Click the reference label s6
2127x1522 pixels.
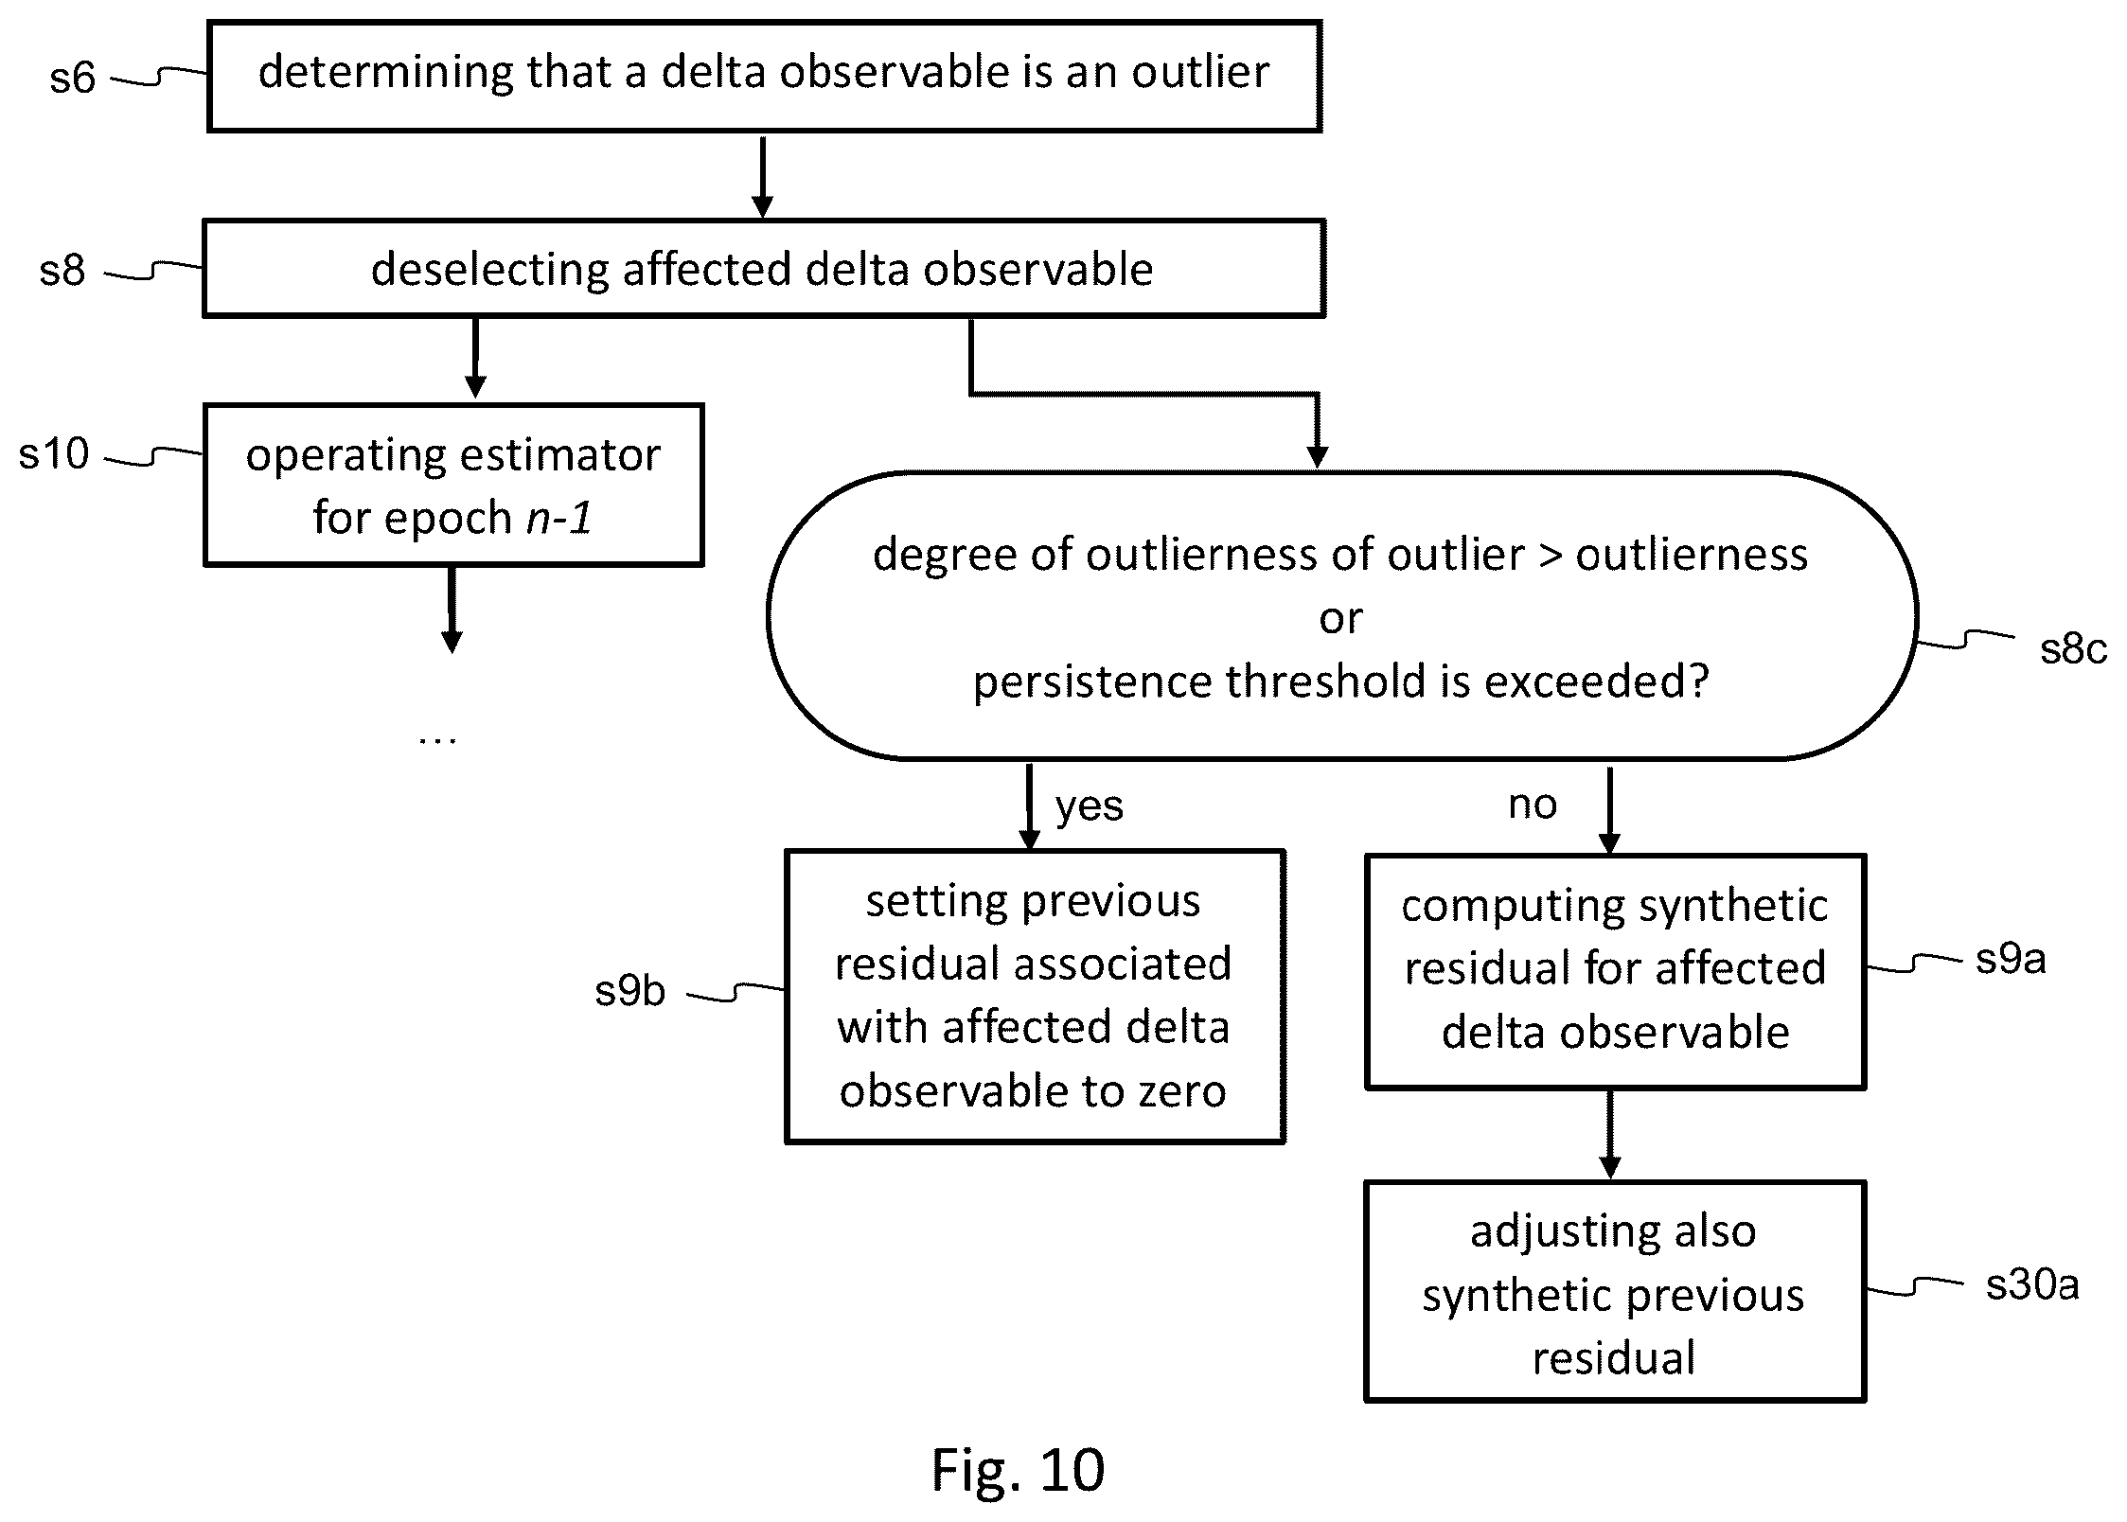tap(73, 78)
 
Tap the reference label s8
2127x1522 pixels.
tap(62, 271)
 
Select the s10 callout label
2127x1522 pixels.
tap(54, 454)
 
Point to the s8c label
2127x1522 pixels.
tap(2073, 649)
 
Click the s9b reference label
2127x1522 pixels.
tap(630, 991)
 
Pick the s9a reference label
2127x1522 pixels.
tap(2011, 960)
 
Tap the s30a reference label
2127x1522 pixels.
tap(2032, 1285)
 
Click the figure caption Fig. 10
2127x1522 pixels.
tap(1018, 1470)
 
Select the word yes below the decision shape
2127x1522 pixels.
tap(1090, 806)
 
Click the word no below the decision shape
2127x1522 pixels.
tap(1533, 805)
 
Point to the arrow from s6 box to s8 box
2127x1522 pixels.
tap(762, 177)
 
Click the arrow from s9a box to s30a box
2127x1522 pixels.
tap(1609, 1135)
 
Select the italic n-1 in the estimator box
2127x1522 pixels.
tap(559, 518)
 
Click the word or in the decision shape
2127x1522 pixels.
tap(1340, 619)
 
